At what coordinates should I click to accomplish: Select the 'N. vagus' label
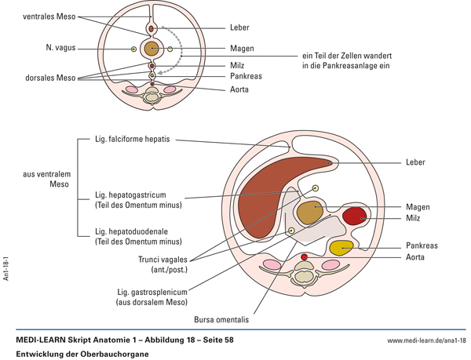coord(61,49)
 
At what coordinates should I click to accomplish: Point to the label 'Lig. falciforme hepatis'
coord(132,140)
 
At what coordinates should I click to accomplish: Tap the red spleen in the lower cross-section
coord(353,216)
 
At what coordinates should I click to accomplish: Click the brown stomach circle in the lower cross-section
coord(310,212)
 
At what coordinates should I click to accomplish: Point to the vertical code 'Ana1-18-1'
coord(6,267)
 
